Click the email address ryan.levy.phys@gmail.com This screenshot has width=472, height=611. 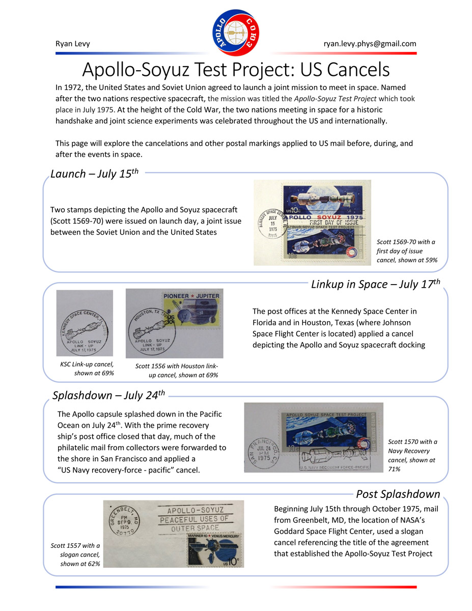370,44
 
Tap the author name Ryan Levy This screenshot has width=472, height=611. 72,44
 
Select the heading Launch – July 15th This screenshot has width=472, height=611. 94,174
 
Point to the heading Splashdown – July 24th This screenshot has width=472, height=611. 109,396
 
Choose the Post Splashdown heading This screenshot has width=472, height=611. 398,494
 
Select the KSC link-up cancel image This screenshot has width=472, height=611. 85,323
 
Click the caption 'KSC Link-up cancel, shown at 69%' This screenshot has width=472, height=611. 87,369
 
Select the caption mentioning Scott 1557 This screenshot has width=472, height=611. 76,554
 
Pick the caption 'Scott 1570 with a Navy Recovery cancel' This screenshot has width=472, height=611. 412,455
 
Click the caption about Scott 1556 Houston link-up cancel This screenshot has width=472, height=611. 177,371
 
